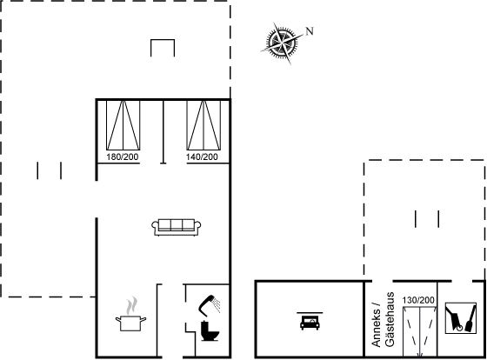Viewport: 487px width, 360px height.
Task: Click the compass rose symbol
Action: click(282, 42)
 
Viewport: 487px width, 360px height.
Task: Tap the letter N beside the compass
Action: click(310, 31)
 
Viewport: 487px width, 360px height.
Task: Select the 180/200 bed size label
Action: click(123, 157)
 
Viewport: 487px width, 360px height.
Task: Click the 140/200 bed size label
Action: click(202, 157)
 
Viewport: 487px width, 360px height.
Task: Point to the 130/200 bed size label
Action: click(418, 300)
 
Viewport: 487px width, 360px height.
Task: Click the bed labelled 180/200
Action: click(123, 125)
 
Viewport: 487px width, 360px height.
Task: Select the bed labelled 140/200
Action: click(203, 125)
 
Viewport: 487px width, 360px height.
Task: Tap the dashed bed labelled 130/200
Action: click(419, 331)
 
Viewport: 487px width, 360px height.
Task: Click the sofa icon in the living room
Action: click(176, 227)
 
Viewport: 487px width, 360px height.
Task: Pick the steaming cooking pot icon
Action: click(130, 314)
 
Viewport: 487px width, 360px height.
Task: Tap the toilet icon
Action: click(210, 330)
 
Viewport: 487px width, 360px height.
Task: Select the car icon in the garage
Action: click(310, 322)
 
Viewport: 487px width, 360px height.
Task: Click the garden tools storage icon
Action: click(461, 318)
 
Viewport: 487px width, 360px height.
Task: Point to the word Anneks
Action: click(376, 328)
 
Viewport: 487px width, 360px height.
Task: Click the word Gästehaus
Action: click(390, 319)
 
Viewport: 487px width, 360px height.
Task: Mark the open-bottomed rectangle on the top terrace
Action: click(163, 40)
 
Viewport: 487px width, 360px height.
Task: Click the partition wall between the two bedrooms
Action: click(163, 131)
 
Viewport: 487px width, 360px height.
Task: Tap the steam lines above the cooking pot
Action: click(132, 305)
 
